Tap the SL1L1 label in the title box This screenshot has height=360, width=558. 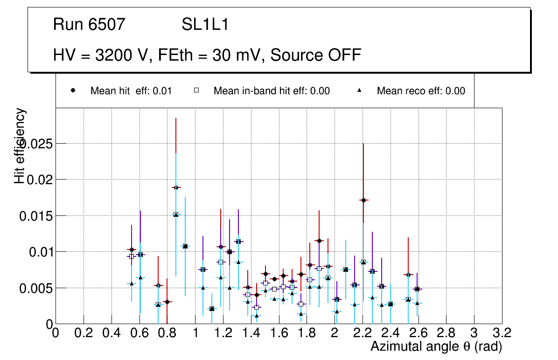[x=205, y=25]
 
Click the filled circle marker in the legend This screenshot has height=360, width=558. [x=73, y=91]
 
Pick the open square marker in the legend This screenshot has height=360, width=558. [x=196, y=91]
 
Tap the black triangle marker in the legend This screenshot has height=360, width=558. [x=360, y=91]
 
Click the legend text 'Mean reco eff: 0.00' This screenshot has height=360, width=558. [x=421, y=91]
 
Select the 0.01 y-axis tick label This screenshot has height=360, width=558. [x=40, y=252]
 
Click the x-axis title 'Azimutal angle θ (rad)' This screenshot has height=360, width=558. [x=436, y=346]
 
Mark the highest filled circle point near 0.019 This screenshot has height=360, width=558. [x=175, y=187]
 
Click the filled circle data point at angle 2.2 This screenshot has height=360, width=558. [x=363, y=200]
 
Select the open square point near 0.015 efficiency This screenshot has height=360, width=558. [x=176, y=215]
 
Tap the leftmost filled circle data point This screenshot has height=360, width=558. [x=132, y=249]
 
